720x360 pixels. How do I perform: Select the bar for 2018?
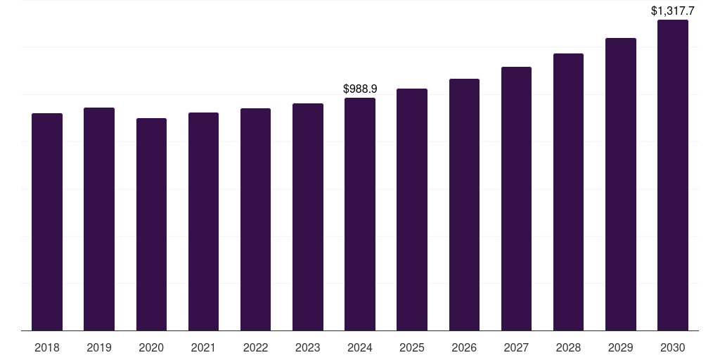click(x=47, y=221)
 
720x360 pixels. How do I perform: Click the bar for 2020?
click(x=151, y=224)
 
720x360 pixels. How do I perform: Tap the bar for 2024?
click(x=360, y=214)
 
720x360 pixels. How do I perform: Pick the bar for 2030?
click(x=673, y=175)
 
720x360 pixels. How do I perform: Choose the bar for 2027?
click(x=516, y=198)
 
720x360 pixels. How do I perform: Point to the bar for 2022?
click(x=255, y=219)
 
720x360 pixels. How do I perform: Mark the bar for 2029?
click(x=621, y=184)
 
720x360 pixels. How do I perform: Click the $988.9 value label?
click(x=360, y=89)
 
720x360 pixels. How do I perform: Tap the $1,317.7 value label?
click(x=673, y=11)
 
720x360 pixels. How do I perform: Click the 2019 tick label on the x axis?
click(x=99, y=347)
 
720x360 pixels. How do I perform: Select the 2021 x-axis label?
click(x=203, y=347)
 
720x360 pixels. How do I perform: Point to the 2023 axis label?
click(x=308, y=347)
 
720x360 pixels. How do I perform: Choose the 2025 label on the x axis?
click(x=412, y=347)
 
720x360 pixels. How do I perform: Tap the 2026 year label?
click(x=464, y=347)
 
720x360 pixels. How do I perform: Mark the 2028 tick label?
click(x=568, y=347)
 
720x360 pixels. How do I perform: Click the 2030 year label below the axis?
click(x=673, y=347)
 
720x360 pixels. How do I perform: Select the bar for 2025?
click(x=412, y=210)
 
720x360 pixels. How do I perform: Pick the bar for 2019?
click(x=99, y=219)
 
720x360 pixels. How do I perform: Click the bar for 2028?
click(x=568, y=192)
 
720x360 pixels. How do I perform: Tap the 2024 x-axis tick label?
click(x=360, y=347)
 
